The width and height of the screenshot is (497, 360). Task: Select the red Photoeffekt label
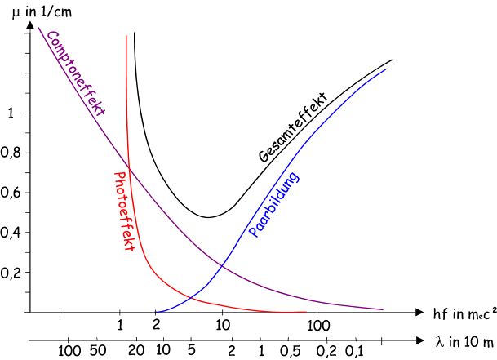(125, 211)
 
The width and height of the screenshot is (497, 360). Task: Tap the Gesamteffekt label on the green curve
(292, 128)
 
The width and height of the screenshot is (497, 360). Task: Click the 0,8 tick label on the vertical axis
(14, 153)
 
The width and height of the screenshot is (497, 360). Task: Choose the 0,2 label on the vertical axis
(14, 273)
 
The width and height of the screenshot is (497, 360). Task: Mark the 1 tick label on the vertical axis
(11, 113)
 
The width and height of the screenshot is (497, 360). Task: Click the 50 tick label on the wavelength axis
(99, 351)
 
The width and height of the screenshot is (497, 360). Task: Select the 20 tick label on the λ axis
(136, 351)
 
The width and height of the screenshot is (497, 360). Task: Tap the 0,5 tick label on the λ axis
(287, 351)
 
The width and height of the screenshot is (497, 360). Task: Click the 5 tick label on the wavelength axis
(190, 351)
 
